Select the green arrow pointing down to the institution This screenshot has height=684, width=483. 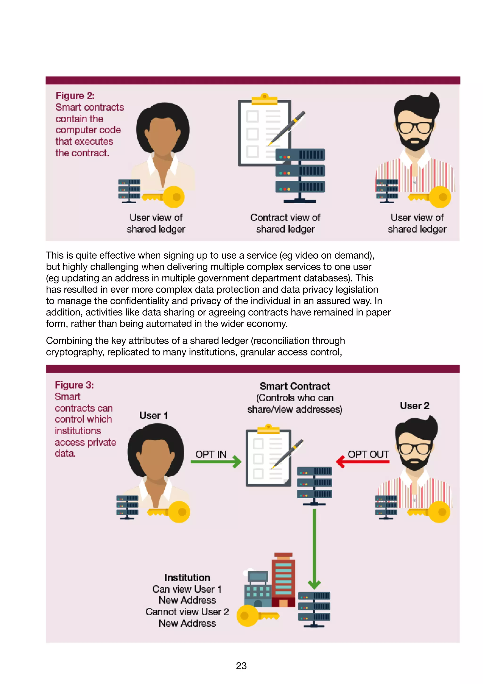tap(314, 548)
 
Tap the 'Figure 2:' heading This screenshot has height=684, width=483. tap(75, 96)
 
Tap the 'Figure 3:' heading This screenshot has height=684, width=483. tap(74, 385)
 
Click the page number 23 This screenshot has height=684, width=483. tap(241, 666)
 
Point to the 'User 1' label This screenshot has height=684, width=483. tap(154, 415)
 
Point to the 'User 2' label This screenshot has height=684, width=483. tap(414, 406)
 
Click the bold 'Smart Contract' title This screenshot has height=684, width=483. tap(295, 386)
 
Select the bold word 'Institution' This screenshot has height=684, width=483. tap(187, 577)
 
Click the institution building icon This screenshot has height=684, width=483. tap(270, 581)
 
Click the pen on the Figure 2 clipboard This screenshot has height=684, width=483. tap(287, 128)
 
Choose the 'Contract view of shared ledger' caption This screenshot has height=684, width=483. tap(285, 223)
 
